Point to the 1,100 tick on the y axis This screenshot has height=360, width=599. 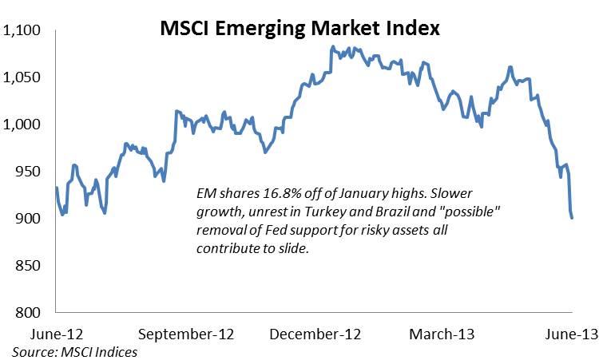pyautogui.click(x=23, y=31)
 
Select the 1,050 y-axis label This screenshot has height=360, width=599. pyautogui.click(x=23, y=78)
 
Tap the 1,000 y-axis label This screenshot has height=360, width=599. pyautogui.click(x=23, y=125)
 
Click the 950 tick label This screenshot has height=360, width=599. pyautogui.click(x=30, y=172)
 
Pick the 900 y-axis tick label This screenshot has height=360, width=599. pyautogui.click(x=30, y=219)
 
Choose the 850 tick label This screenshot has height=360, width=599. pyautogui.click(x=30, y=266)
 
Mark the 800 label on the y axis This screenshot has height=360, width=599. pyautogui.click(x=30, y=313)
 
